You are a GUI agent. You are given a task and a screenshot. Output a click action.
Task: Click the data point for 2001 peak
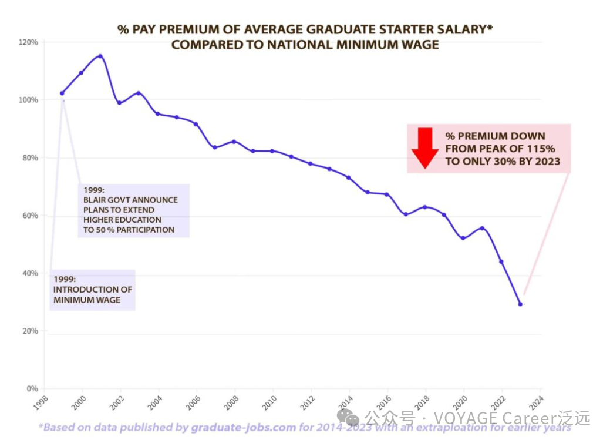click(100, 56)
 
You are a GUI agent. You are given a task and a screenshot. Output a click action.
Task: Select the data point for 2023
click(520, 304)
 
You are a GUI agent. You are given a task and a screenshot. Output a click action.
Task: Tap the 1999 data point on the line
click(62, 93)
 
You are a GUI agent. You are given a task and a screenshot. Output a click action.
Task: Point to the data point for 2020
click(463, 238)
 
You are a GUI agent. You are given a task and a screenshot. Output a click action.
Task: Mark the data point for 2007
click(215, 147)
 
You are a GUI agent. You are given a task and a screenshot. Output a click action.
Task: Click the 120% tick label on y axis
click(29, 42)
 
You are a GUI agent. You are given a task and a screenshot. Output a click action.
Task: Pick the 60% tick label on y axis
click(30, 216)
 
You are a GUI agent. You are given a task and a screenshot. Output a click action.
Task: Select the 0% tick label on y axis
click(32, 389)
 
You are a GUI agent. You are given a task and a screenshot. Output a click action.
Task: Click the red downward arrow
click(425, 147)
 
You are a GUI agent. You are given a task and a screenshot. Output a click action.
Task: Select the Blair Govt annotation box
click(134, 210)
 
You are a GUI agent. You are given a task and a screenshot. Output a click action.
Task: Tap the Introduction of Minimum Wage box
click(93, 290)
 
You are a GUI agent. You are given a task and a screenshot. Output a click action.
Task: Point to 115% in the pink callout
click(541, 149)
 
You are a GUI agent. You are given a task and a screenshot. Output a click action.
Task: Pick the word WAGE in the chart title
click(420, 45)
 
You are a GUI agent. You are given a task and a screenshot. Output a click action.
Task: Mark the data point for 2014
click(349, 177)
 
